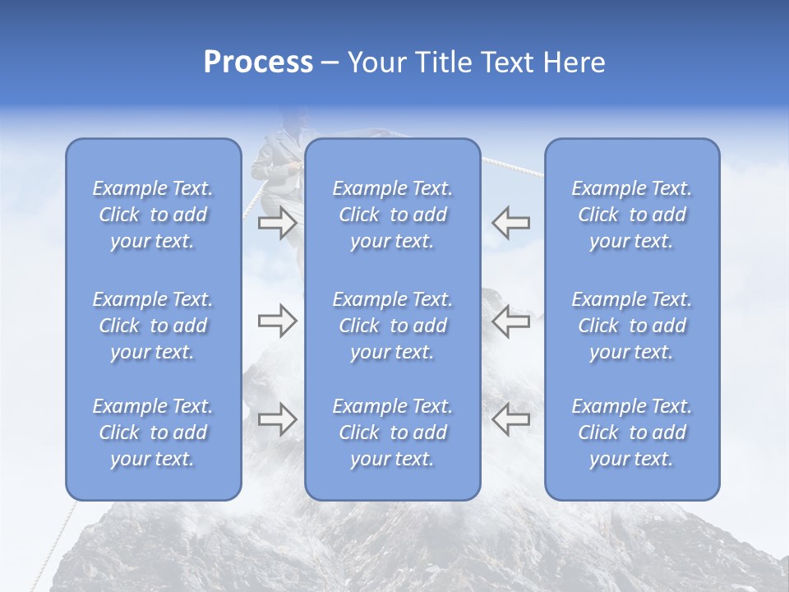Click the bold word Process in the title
click(x=258, y=62)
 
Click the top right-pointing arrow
click(x=277, y=223)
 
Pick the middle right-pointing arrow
click(x=277, y=321)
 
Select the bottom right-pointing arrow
click(x=277, y=419)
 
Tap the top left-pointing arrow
click(x=510, y=223)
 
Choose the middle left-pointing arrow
click(x=510, y=321)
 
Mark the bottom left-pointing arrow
click(x=510, y=419)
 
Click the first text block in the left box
click(x=153, y=215)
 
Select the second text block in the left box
click(x=153, y=326)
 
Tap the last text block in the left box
click(x=153, y=432)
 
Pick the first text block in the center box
click(x=392, y=215)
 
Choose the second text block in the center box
click(x=392, y=326)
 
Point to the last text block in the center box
click(x=392, y=432)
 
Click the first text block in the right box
click(x=631, y=215)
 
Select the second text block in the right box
click(x=631, y=326)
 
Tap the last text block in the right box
click(x=631, y=432)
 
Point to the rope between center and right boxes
click(x=513, y=166)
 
